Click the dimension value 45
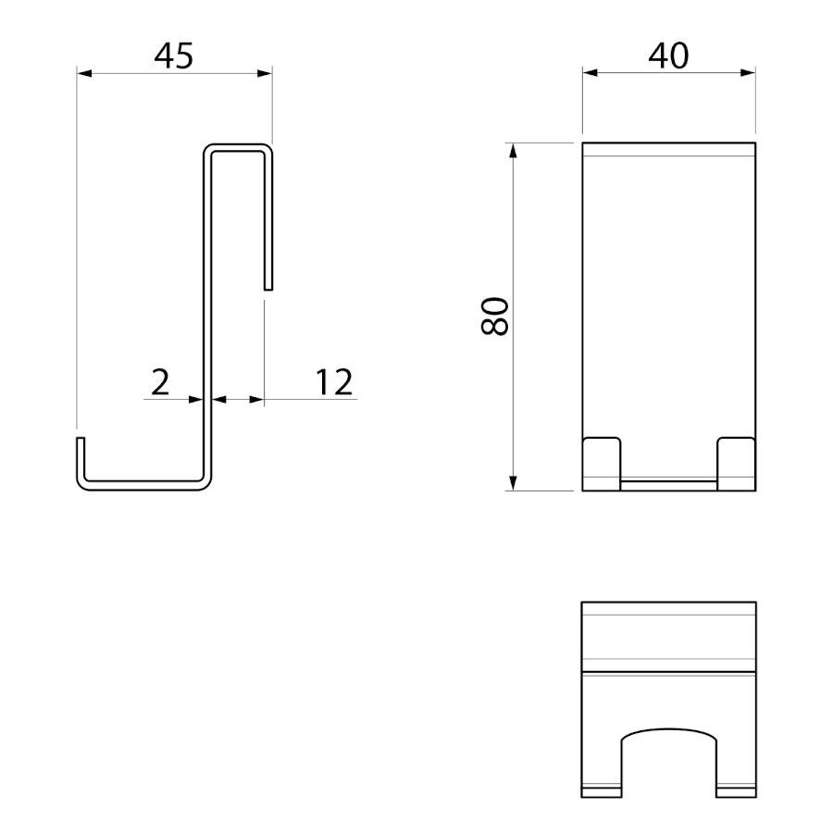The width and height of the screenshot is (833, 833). [x=174, y=56]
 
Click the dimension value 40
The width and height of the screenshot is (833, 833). [x=668, y=56]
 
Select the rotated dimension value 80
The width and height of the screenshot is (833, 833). [x=494, y=317]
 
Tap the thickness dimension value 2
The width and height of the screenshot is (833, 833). [x=160, y=382]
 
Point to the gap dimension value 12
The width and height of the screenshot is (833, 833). [x=333, y=382]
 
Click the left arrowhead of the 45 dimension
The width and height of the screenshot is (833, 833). [x=84, y=73]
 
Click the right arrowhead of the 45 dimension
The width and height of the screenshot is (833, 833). [x=265, y=73]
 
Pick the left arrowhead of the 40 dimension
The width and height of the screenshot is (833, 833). [x=590, y=72]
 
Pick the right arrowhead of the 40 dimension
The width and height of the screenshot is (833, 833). [x=748, y=72]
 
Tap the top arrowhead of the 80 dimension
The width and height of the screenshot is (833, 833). [x=513, y=150]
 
